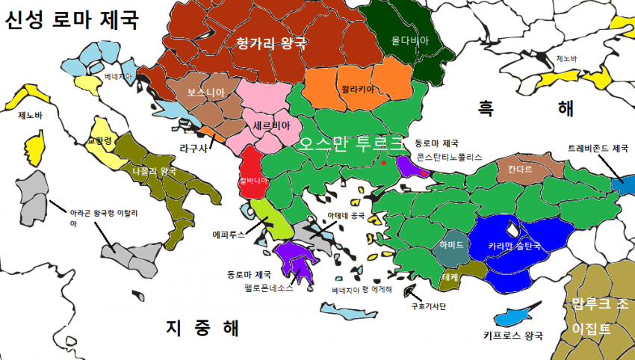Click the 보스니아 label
[206, 93]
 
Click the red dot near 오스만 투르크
[383, 162]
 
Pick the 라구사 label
[193, 148]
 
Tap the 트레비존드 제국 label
[598, 148]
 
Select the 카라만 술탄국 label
[515, 244]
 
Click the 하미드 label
[452, 244]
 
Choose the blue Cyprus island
[516, 314]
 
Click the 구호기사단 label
[428, 305]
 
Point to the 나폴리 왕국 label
[154, 171]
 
